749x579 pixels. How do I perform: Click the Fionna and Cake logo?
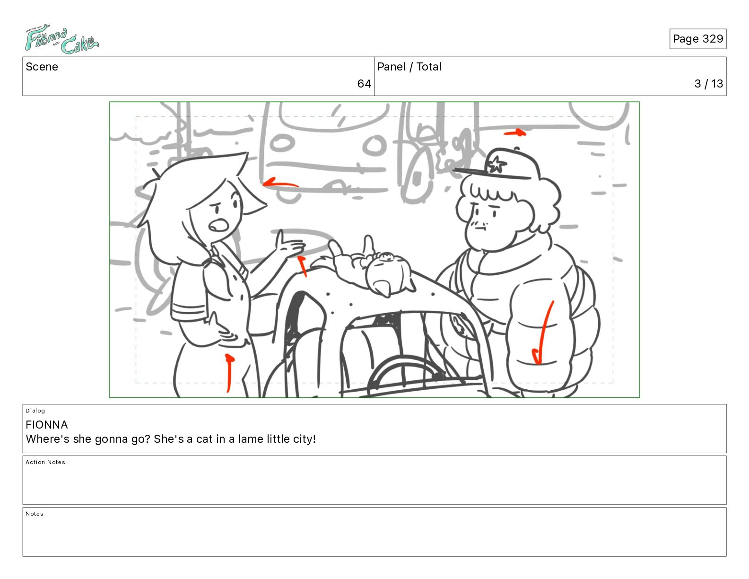pyautogui.click(x=61, y=39)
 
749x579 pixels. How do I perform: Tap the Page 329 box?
pyautogui.click(x=697, y=39)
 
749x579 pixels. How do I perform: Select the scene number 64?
pyautogui.click(x=364, y=84)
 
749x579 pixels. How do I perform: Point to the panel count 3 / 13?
pyautogui.click(x=708, y=84)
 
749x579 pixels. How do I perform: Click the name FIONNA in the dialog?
pyautogui.click(x=46, y=424)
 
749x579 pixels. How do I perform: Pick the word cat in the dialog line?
pyautogui.click(x=204, y=439)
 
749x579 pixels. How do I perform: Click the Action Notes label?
pyautogui.click(x=45, y=462)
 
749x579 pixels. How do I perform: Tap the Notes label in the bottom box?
pyautogui.click(x=35, y=514)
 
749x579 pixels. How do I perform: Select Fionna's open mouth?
pyautogui.click(x=218, y=225)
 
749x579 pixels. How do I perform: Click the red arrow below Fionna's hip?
pyautogui.click(x=229, y=373)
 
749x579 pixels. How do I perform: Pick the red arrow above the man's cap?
pyautogui.click(x=515, y=132)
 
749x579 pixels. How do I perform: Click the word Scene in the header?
pyautogui.click(x=42, y=67)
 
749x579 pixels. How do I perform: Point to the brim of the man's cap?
pyautogui.click(x=492, y=174)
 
